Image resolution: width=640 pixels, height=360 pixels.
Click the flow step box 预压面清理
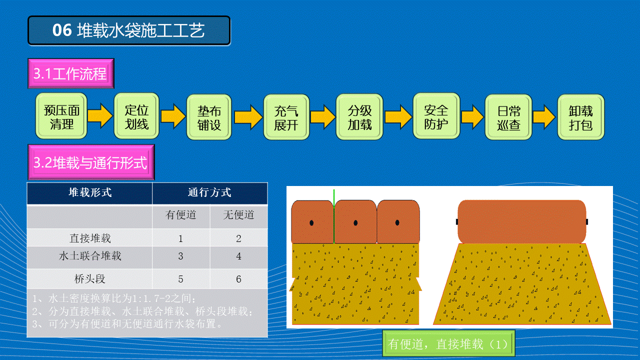(x=61, y=116)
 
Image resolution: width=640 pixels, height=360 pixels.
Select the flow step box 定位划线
(x=136, y=116)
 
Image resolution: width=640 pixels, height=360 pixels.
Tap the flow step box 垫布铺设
(x=209, y=117)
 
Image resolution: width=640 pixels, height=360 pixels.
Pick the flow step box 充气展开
(x=286, y=117)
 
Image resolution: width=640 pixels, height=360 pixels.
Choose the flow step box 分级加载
(x=359, y=116)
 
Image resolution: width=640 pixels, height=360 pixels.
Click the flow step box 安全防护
(x=436, y=116)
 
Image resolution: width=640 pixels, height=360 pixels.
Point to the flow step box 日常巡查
(x=508, y=117)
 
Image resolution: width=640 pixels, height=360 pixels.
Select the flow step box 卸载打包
(x=581, y=117)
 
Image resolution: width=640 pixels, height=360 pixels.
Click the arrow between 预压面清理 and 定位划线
(x=100, y=116)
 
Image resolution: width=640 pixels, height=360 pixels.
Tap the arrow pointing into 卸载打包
(x=544, y=117)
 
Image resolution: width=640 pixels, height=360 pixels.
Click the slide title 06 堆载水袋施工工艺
(x=129, y=30)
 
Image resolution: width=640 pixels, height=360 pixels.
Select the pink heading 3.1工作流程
(x=71, y=73)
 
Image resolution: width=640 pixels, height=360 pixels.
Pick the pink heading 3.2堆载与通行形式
(x=91, y=162)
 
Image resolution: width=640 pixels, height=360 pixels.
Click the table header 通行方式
(x=209, y=192)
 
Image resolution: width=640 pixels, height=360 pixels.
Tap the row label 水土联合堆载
(x=90, y=256)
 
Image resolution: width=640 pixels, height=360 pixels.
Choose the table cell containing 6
(x=238, y=279)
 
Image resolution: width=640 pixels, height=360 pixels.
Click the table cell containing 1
(x=180, y=238)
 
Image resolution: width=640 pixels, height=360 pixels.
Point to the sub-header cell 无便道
(x=239, y=215)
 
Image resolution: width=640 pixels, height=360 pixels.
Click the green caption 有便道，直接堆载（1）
(x=448, y=343)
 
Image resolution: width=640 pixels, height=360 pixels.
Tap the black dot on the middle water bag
(x=355, y=223)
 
